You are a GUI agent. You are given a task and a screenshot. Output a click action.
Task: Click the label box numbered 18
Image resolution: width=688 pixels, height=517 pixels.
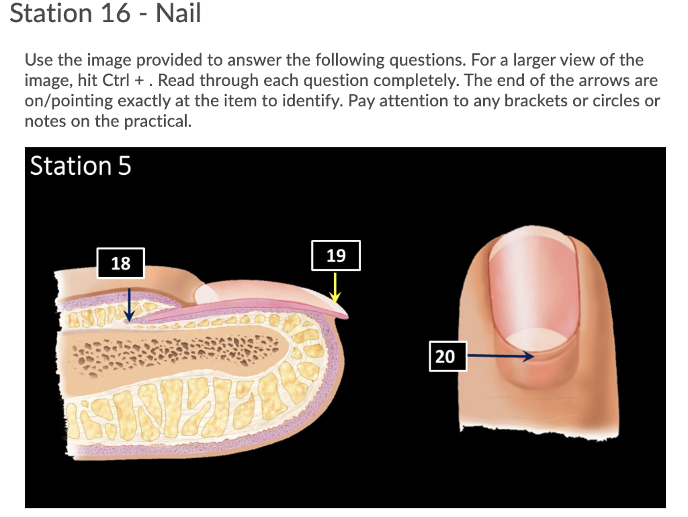pyautogui.click(x=120, y=263)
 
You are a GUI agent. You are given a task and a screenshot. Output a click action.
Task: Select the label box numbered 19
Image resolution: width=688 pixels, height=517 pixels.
pyautogui.click(x=336, y=255)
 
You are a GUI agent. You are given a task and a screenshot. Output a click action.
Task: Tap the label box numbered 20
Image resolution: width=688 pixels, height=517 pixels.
pyautogui.click(x=445, y=356)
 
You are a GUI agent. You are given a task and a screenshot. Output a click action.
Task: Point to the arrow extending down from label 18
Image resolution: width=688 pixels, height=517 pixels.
pyautogui.click(x=130, y=302)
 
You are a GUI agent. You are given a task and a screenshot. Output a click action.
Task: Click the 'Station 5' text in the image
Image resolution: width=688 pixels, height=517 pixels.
pyautogui.click(x=81, y=165)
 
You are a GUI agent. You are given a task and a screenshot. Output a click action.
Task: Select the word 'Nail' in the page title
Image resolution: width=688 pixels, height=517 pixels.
pyautogui.click(x=178, y=13)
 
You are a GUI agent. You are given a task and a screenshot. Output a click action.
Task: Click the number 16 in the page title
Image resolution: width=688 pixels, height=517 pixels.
pyautogui.click(x=116, y=13)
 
